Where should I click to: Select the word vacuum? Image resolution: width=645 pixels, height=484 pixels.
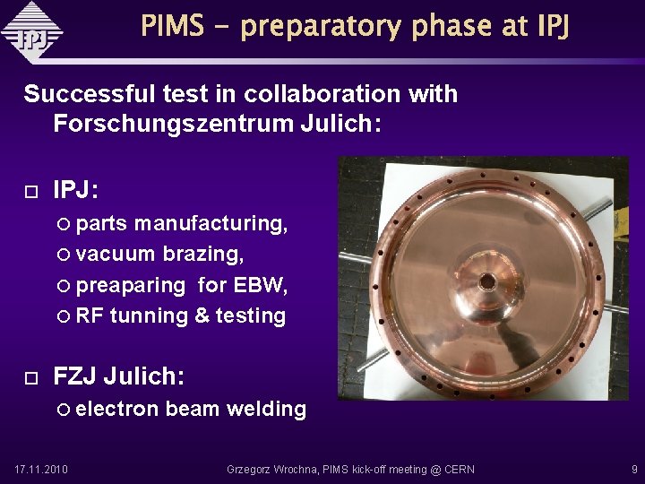click(116, 254)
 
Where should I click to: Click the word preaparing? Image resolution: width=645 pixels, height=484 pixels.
click(131, 285)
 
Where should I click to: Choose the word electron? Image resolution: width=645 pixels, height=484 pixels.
click(117, 410)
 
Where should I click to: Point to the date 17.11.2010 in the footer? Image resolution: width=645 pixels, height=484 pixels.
click(41, 469)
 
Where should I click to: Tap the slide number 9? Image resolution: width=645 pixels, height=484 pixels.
click(633, 469)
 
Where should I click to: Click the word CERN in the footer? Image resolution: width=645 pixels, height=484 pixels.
click(457, 469)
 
